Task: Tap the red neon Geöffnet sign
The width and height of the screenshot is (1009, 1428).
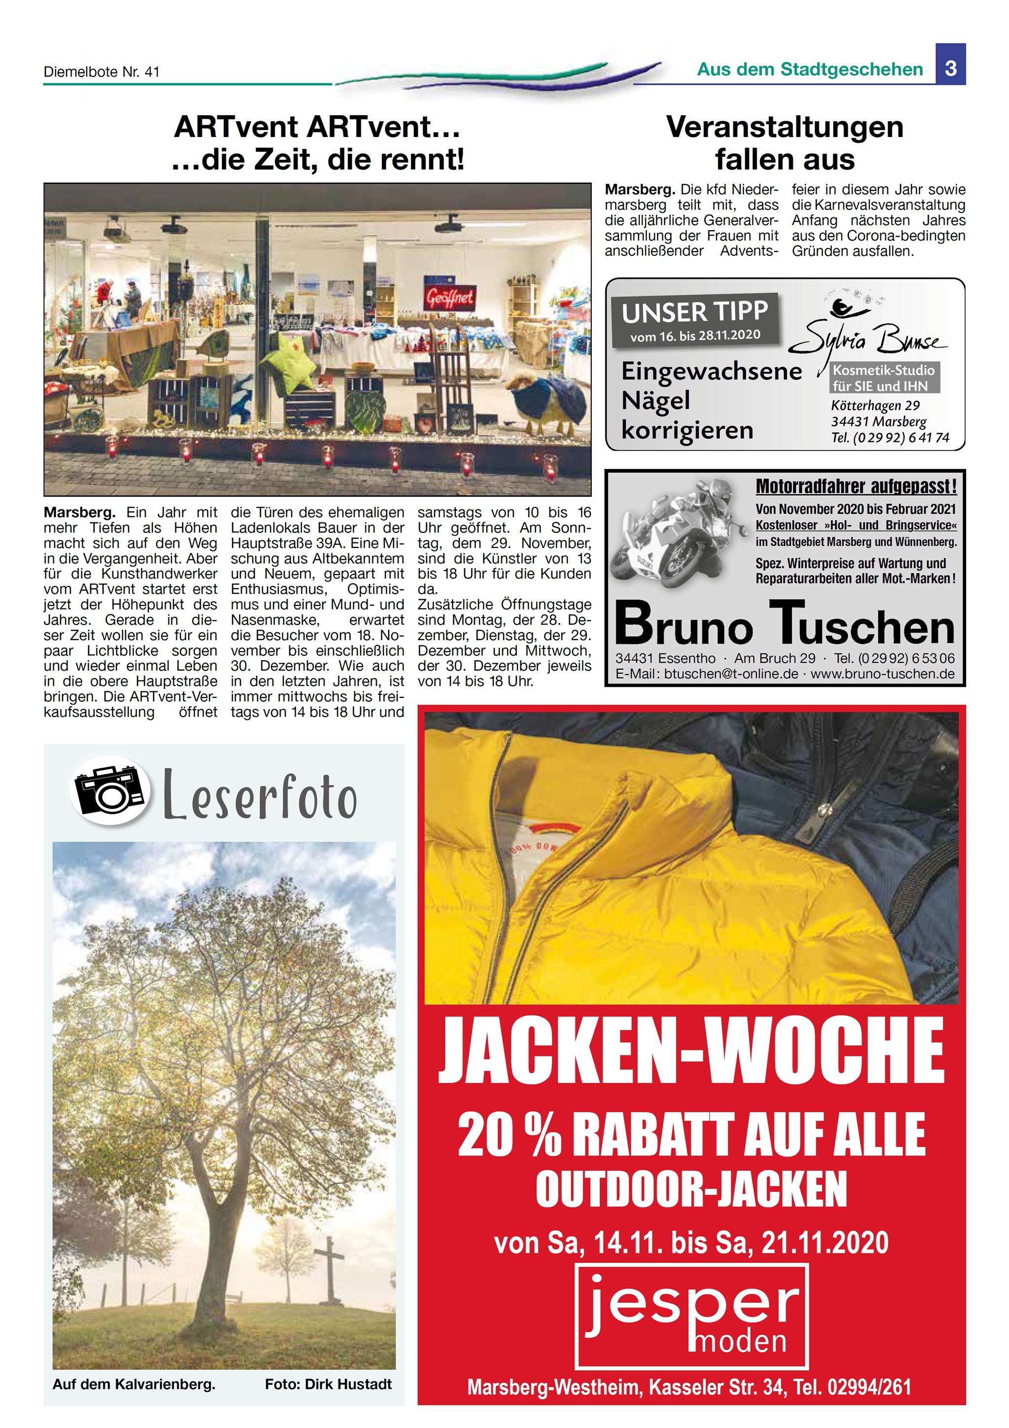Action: [x=449, y=298]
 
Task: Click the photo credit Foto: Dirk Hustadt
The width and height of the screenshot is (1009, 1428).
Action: [x=328, y=1384]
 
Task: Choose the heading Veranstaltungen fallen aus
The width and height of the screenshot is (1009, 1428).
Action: [x=784, y=143]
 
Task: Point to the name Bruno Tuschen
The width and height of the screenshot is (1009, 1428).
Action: [x=784, y=624]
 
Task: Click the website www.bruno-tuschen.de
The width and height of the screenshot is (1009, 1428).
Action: [x=882, y=674]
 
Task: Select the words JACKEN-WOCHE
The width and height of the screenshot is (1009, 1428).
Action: [x=691, y=1052]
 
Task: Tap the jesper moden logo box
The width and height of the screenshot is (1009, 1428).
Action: [x=691, y=1317]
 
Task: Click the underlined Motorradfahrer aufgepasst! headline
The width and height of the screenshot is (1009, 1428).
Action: [x=855, y=486]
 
